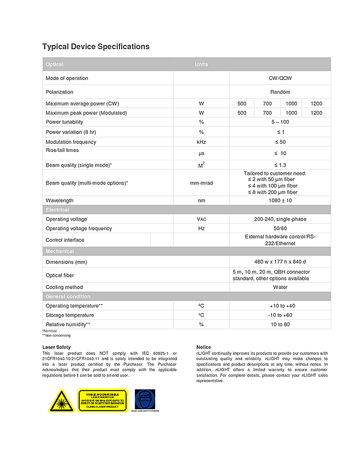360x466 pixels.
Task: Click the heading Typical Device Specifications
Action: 95,47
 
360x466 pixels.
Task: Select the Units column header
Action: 201,64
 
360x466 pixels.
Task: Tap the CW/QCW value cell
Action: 280,78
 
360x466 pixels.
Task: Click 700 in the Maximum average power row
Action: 267,104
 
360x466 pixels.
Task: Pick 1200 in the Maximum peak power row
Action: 316,113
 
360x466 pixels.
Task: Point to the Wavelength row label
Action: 60,201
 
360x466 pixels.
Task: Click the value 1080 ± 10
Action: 280,201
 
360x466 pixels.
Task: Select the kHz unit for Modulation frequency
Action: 201,142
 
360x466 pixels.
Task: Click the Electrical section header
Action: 57,210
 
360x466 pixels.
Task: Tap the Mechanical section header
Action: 60,251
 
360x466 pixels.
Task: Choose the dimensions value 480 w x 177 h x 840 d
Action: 280,262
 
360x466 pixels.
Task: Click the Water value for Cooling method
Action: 280,287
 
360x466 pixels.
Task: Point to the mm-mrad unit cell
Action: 201,183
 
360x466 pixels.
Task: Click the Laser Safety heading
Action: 56,347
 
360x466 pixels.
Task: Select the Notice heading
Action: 203,347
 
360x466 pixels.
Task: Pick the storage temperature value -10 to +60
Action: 280,315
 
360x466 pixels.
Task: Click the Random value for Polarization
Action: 280,92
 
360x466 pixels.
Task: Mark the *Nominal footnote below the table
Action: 50,331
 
